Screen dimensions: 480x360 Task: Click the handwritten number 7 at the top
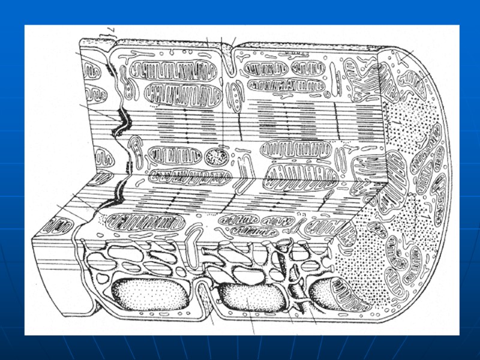coord(110,30)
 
